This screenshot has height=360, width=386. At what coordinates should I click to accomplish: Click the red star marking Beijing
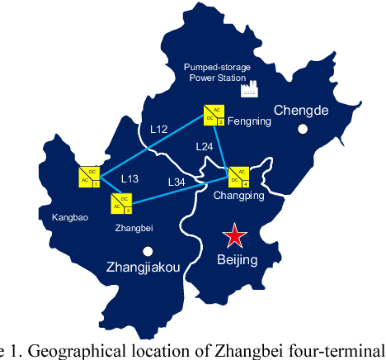coord(236,235)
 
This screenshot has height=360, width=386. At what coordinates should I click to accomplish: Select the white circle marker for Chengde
coord(304,129)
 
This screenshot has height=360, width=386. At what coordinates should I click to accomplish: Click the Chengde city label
coord(300,110)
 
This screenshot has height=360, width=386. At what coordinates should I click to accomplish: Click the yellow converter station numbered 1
coord(89,176)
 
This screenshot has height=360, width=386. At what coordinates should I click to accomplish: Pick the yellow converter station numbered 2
coord(214,115)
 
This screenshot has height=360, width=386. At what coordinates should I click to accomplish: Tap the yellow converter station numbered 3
coord(120,202)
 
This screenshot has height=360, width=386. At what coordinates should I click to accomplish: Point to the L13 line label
coord(130,178)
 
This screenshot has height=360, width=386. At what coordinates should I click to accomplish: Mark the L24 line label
coord(205,145)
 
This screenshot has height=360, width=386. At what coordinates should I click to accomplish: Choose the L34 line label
coord(177,182)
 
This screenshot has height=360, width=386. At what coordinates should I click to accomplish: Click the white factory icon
coord(247,88)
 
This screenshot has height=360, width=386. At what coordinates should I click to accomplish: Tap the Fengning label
coord(247,120)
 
